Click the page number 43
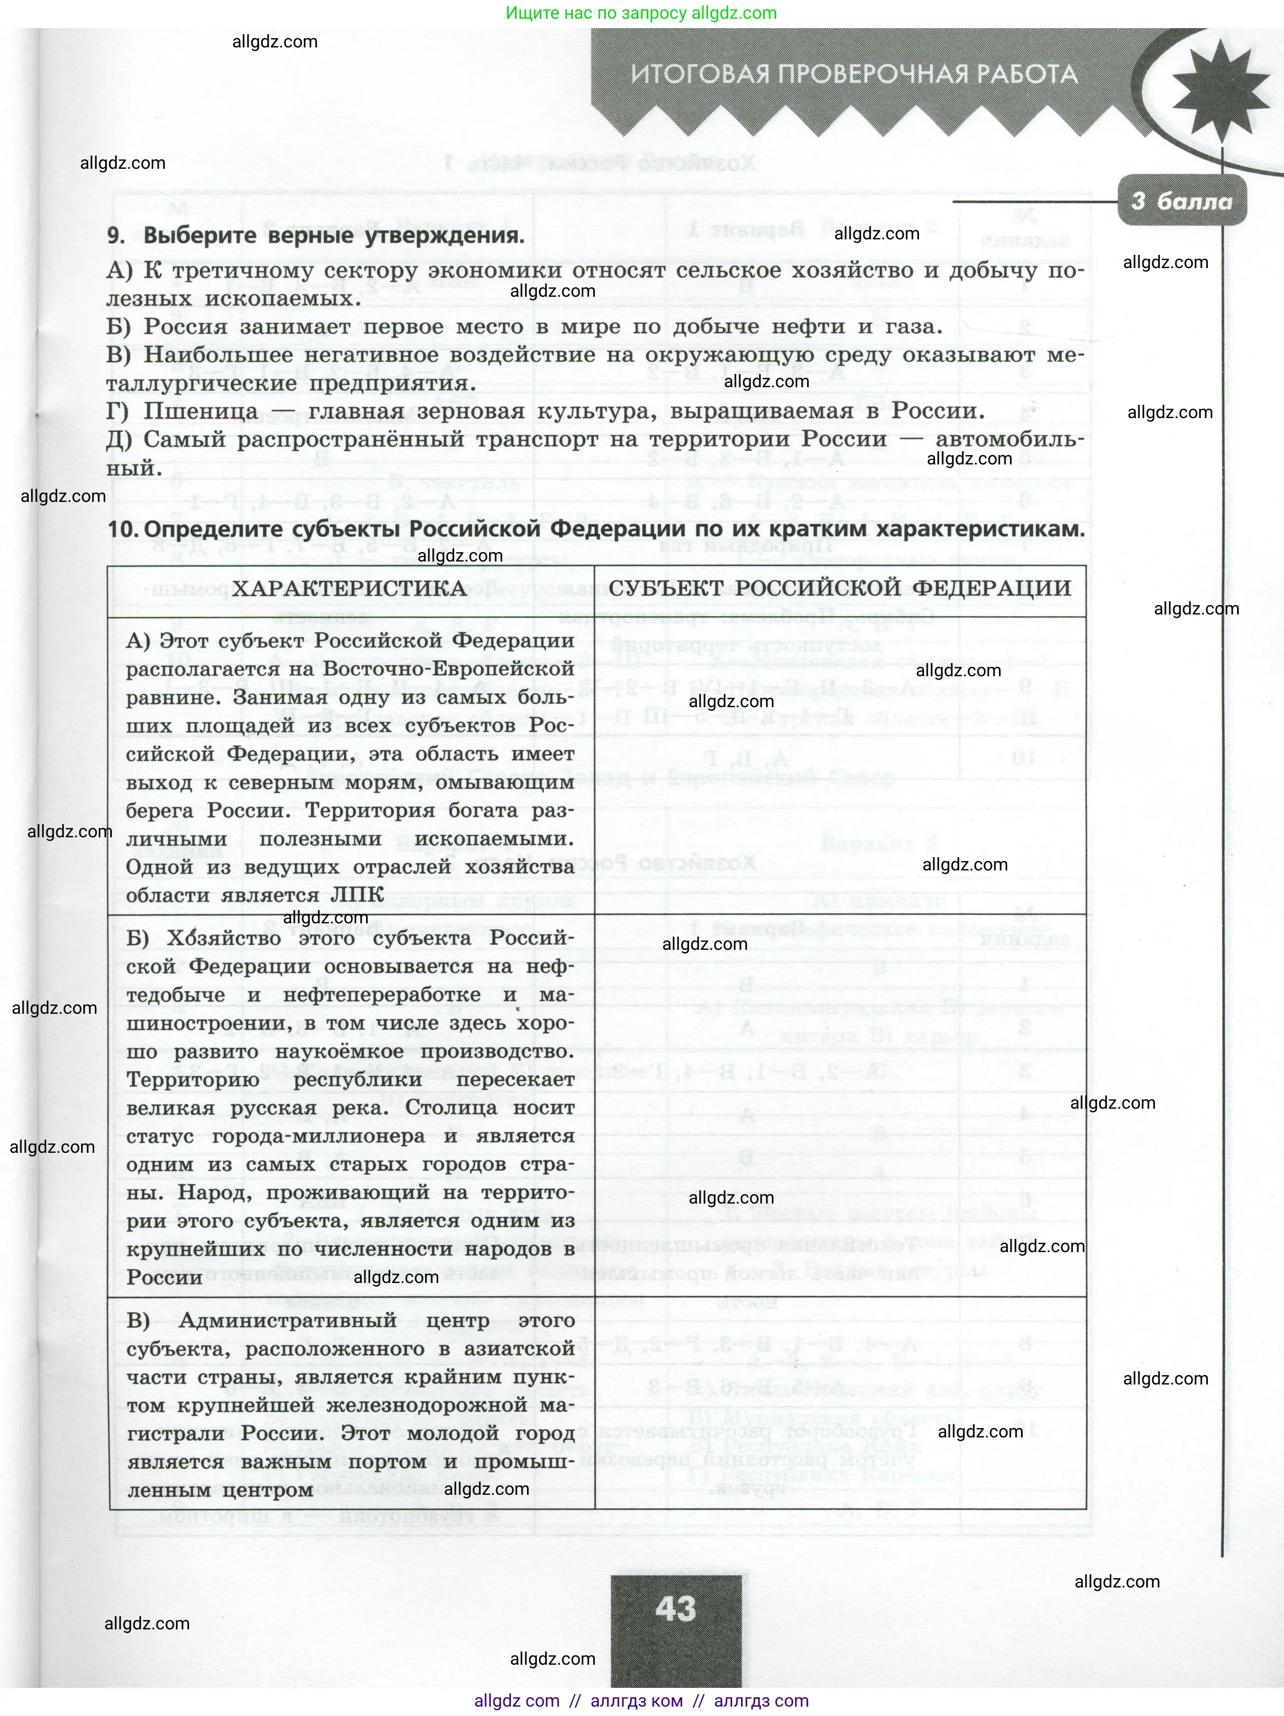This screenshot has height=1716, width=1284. coord(675,1609)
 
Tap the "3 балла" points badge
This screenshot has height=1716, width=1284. coord(1181,202)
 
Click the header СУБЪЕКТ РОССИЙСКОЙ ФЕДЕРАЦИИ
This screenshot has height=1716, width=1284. coord(840,588)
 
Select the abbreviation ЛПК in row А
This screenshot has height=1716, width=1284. coord(357,895)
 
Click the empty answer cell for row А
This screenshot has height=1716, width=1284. coord(840,764)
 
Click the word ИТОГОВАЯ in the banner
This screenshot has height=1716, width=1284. coord(699,74)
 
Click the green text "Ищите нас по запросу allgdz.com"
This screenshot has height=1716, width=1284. coord(641,13)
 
